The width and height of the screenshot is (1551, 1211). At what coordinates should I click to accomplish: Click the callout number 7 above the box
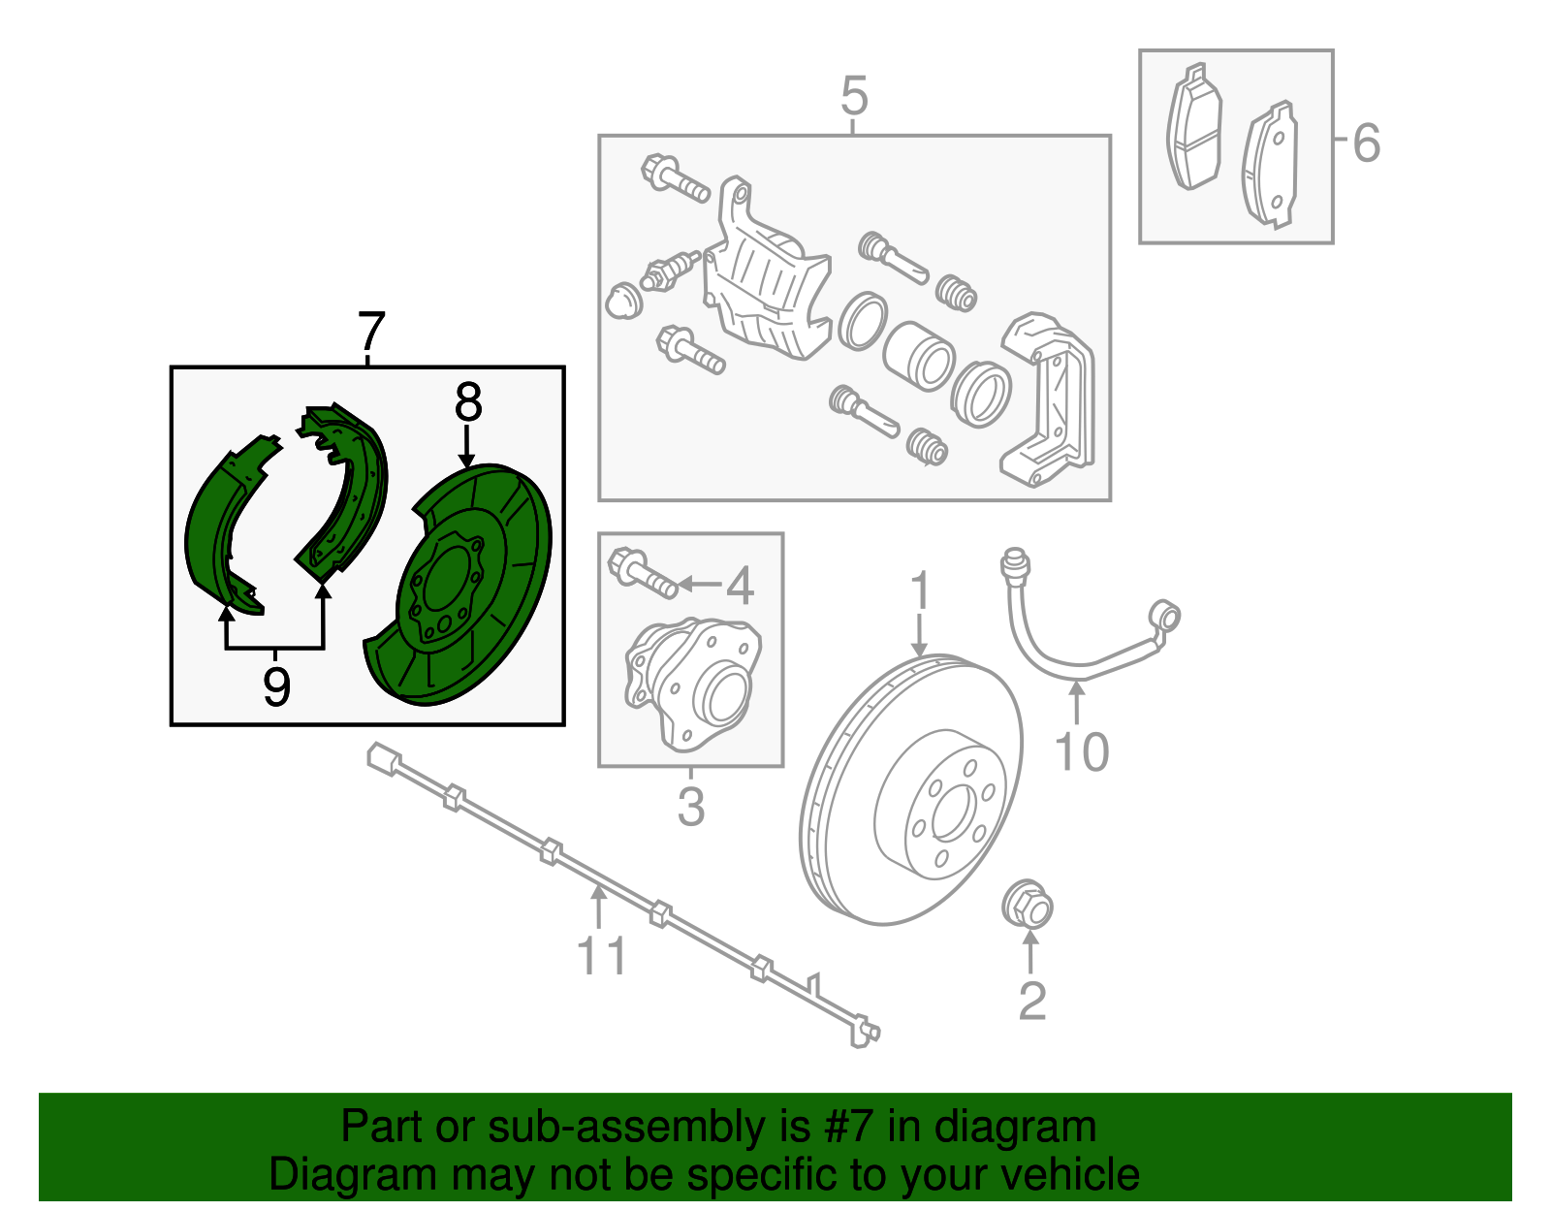[x=371, y=333]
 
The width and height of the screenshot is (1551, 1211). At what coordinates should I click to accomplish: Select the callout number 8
[x=467, y=402]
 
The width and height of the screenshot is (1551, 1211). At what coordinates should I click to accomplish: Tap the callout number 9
[x=276, y=687]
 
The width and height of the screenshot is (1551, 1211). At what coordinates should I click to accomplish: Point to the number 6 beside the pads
[x=1366, y=143]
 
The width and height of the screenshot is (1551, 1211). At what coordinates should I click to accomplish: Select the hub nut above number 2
[x=1027, y=907]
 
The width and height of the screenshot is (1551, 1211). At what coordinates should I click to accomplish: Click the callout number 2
[x=1031, y=1001]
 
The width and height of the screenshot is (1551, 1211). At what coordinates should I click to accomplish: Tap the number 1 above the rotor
[x=920, y=591]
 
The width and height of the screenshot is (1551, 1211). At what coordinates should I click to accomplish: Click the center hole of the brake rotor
[x=952, y=813]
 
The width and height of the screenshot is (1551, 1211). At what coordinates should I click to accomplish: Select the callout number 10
[x=1080, y=752]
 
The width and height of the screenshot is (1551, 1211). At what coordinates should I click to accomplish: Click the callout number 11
[x=601, y=956]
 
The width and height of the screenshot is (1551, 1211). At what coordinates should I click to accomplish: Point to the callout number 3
[x=690, y=807]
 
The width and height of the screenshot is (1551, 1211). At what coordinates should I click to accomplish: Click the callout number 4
[x=740, y=586]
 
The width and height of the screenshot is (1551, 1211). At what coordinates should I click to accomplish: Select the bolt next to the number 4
[x=641, y=573]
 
